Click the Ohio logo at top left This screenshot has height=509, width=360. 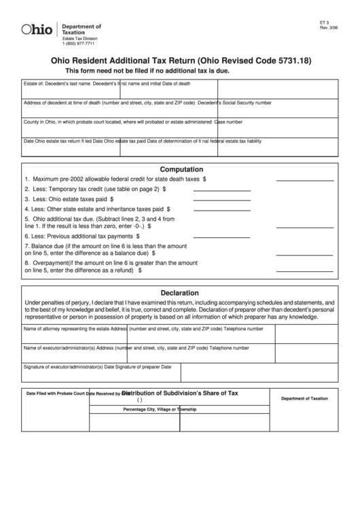[x=37, y=29]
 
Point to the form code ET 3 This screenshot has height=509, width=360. [x=323, y=22]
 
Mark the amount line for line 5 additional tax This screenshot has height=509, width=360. [x=304, y=224]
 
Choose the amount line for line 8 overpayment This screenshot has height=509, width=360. [x=304, y=269]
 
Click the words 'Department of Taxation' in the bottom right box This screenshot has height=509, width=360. [x=304, y=398]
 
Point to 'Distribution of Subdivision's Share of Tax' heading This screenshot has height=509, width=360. [x=180, y=393]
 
